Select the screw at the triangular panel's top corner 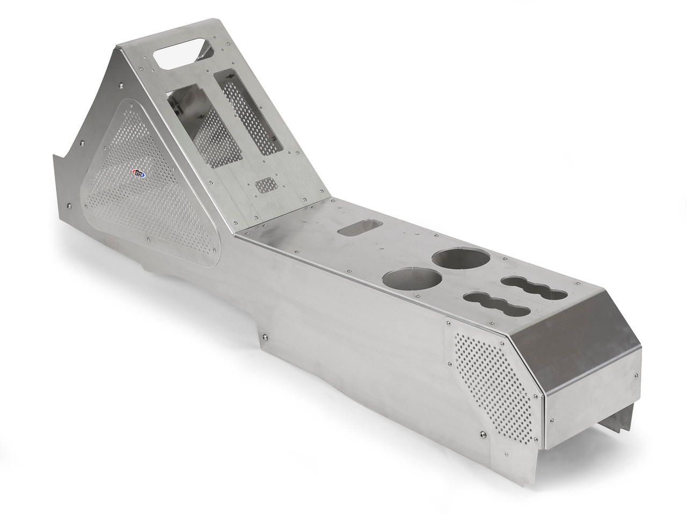tap(122, 84)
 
